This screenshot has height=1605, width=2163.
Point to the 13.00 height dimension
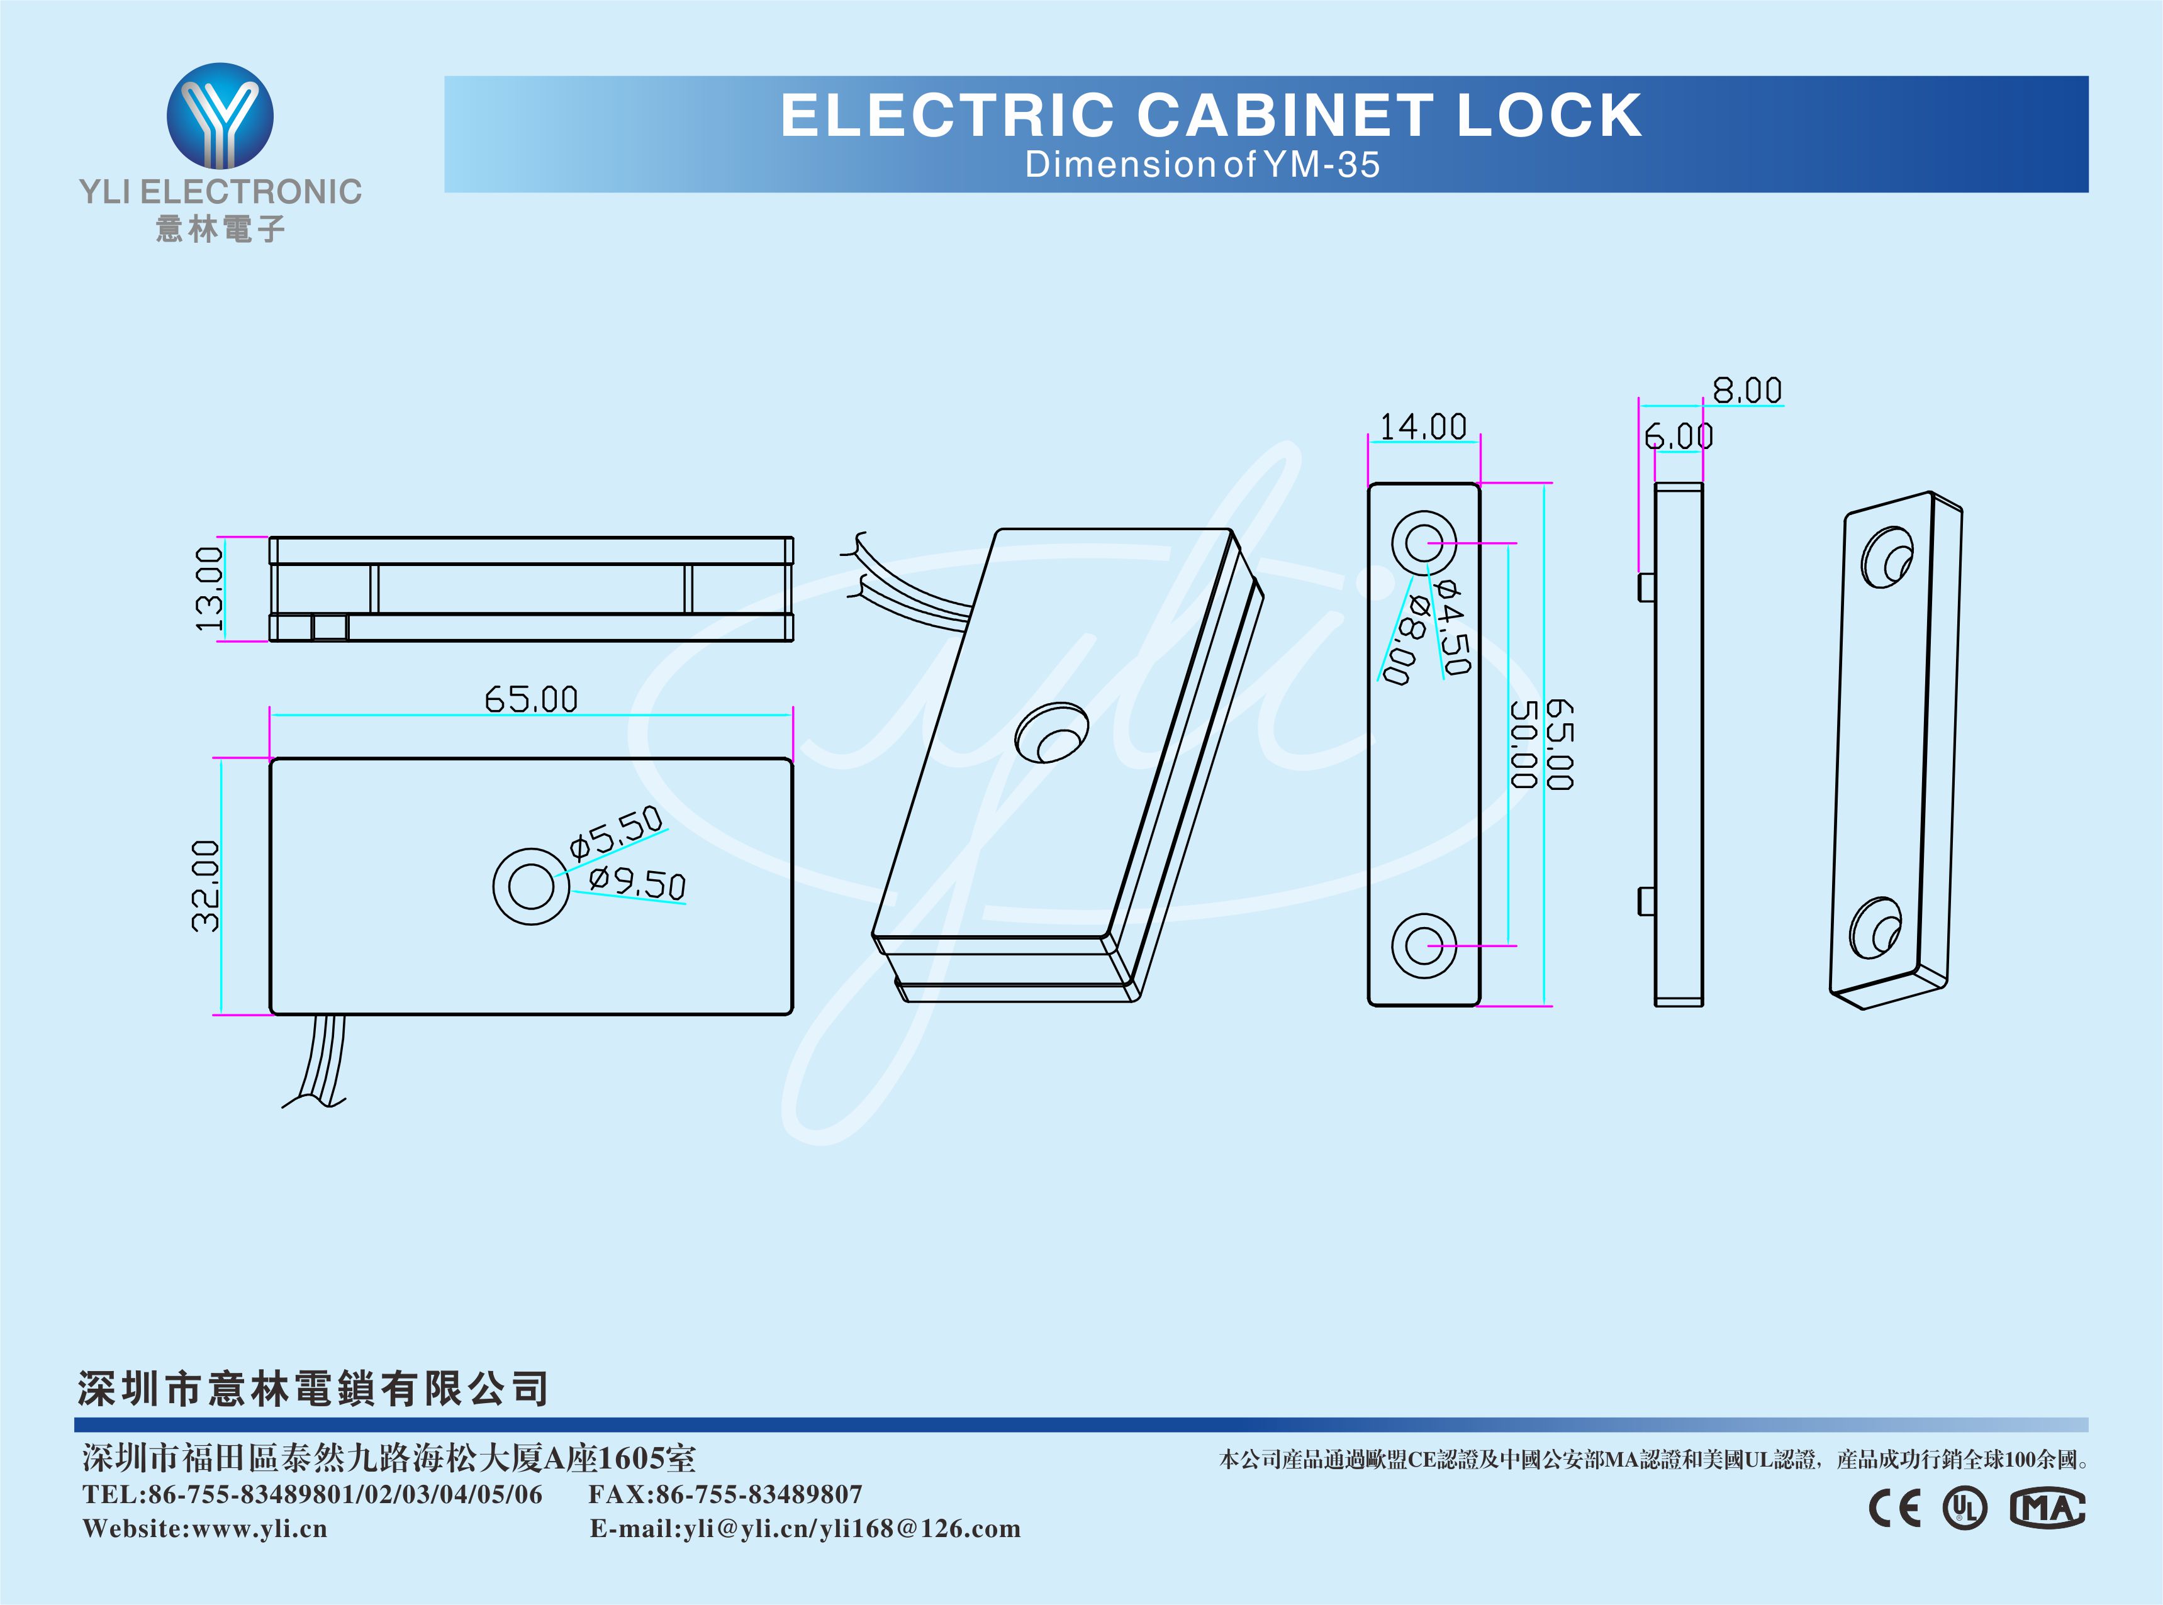pos(209,589)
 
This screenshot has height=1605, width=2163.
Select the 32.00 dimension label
pos(206,886)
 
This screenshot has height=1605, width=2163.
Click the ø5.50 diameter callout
pos(616,833)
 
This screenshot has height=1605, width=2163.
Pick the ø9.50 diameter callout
pos(637,882)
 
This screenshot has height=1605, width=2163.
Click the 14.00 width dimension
pos(1422,426)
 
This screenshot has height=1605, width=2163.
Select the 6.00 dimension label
pos(1678,436)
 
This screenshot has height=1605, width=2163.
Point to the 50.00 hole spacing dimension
pos(1524,743)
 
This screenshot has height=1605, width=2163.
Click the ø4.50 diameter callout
pos(1454,626)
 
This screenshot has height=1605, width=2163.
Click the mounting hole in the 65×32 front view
pos(530,886)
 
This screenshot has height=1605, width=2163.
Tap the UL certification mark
pos(1965,1508)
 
